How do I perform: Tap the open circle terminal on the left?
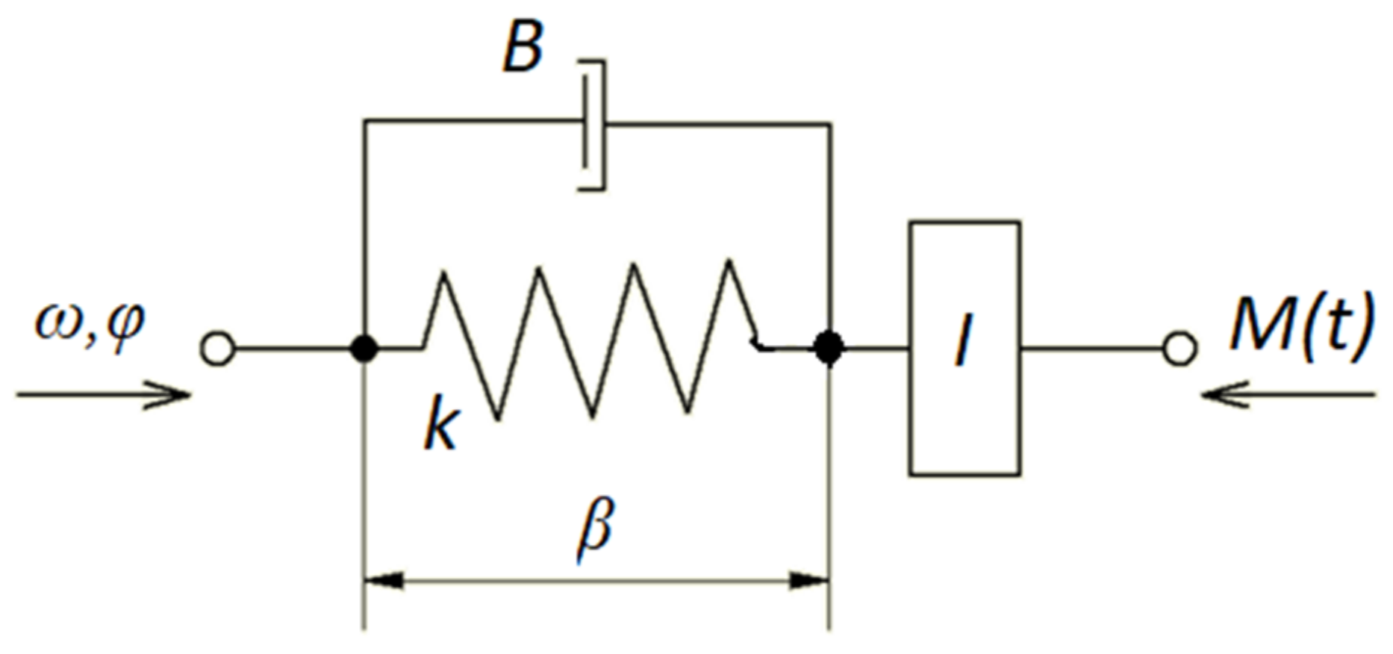(x=217, y=349)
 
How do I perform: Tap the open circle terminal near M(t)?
(x=1180, y=349)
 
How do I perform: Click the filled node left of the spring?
(x=364, y=349)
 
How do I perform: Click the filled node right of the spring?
(x=829, y=348)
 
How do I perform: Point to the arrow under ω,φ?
(x=105, y=395)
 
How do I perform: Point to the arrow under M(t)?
(x=1288, y=394)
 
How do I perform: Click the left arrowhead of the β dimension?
(x=384, y=580)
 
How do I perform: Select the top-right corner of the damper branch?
(x=829, y=125)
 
